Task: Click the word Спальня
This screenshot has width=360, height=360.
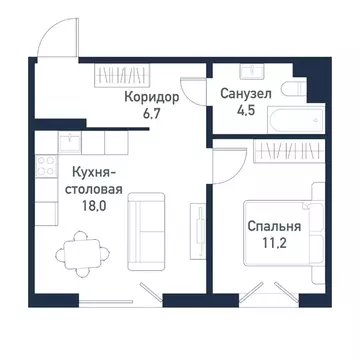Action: click(271, 226)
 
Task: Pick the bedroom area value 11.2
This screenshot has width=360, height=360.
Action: click(271, 243)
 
